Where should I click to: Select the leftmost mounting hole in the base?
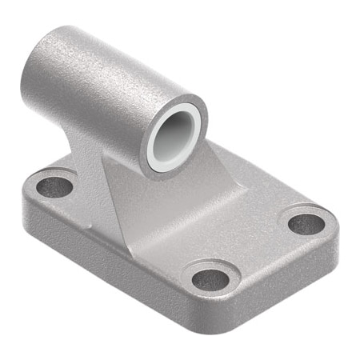tap(54, 186)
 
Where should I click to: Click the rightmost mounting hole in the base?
tap(307, 223)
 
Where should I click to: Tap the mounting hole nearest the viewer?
tap(210, 279)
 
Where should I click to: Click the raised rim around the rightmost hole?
tap(307, 210)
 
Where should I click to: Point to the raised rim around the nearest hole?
tap(210, 266)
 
